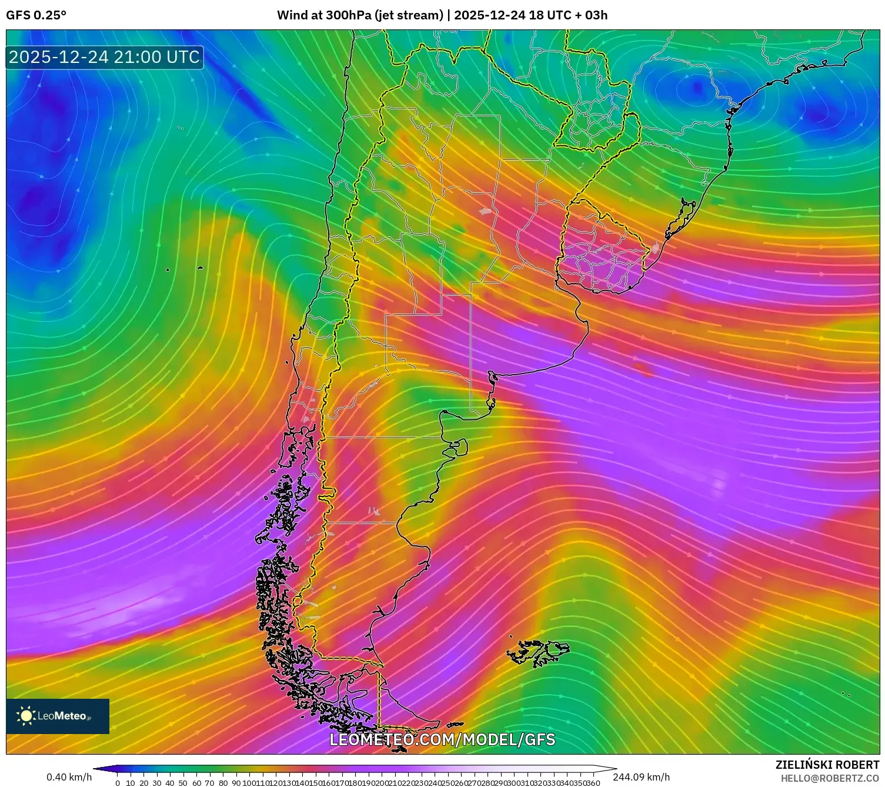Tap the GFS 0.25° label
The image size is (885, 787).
pos(36,15)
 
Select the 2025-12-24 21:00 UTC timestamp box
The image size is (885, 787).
pos(104,57)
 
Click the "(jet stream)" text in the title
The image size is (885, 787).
pos(409,15)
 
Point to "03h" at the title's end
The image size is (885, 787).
pos(596,15)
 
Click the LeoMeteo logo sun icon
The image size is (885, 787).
pos(26,716)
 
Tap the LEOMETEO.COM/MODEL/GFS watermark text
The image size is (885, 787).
pos(442,739)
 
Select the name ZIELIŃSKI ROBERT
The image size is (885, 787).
pos(827,765)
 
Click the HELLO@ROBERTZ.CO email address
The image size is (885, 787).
pos(830,778)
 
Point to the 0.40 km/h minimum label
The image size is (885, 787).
pos(69,778)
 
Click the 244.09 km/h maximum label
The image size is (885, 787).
pos(641,778)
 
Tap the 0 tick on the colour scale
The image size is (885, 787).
pos(118,783)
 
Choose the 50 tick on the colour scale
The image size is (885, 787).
pos(183,783)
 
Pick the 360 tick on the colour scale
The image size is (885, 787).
pos(593,783)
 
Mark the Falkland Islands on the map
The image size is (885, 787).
pos(538,652)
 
